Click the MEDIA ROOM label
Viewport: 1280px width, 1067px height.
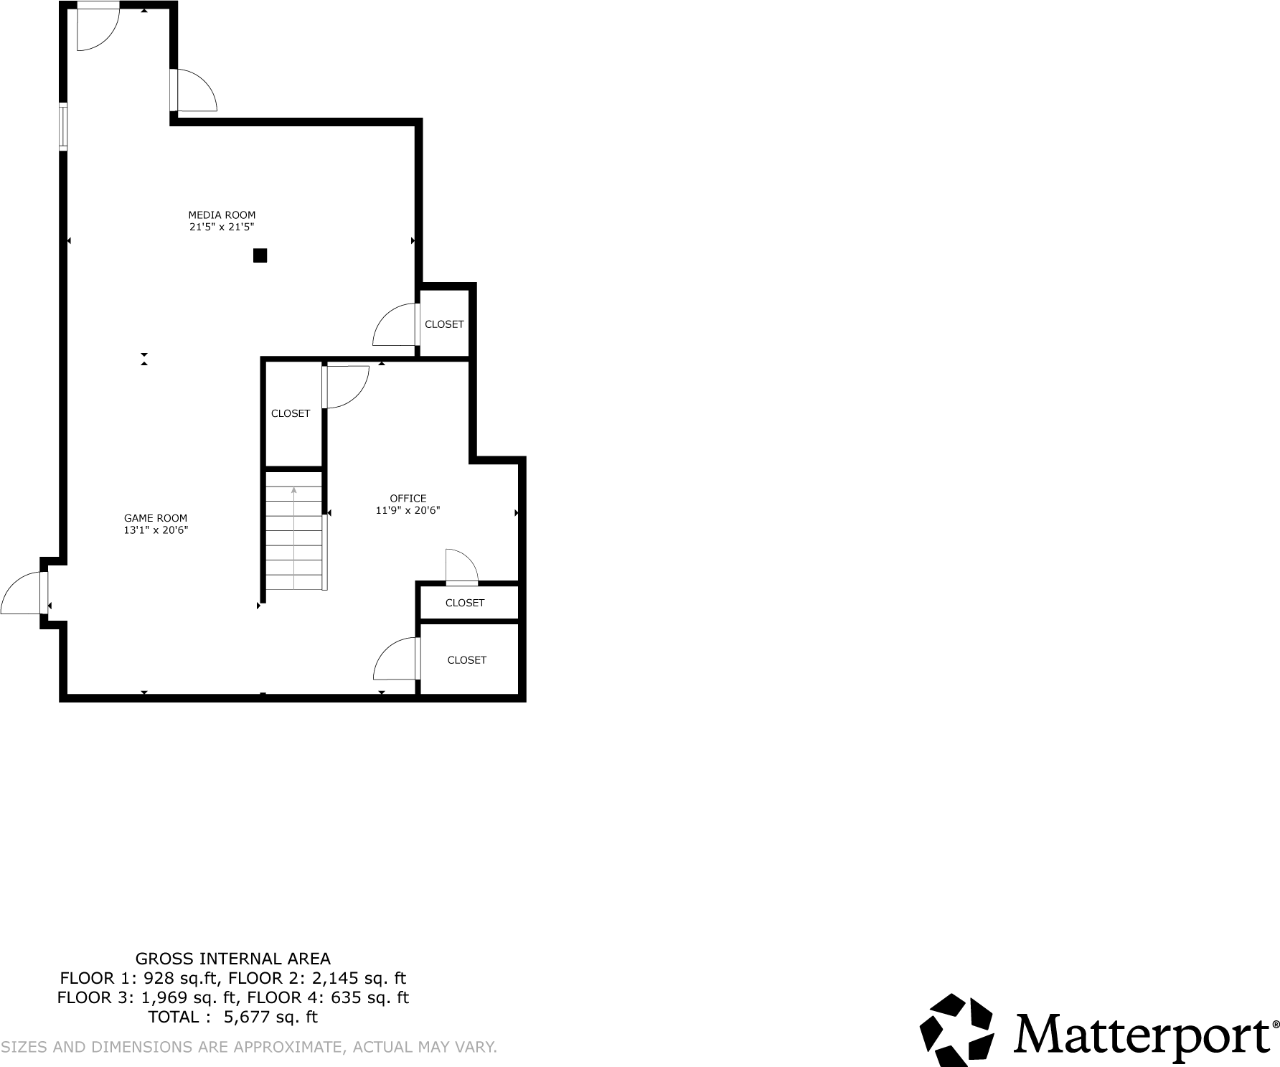(222, 215)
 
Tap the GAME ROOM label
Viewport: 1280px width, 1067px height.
(156, 518)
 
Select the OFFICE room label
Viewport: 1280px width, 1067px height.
(408, 498)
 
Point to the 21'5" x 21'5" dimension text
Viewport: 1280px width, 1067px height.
(222, 227)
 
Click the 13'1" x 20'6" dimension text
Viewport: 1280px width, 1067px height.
(156, 530)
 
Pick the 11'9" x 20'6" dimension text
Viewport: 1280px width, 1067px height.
(408, 510)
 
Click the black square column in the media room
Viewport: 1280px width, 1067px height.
(260, 255)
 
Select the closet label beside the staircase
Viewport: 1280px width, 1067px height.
(291, 413)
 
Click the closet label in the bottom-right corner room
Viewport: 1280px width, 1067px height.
(467, 660)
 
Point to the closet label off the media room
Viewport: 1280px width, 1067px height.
(444, 324)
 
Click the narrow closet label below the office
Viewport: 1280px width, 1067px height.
(465, 603)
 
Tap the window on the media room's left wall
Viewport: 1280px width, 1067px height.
(63, 127)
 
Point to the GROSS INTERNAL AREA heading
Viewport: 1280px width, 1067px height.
(233, 959)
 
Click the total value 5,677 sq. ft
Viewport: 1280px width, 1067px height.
(271, 1017)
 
